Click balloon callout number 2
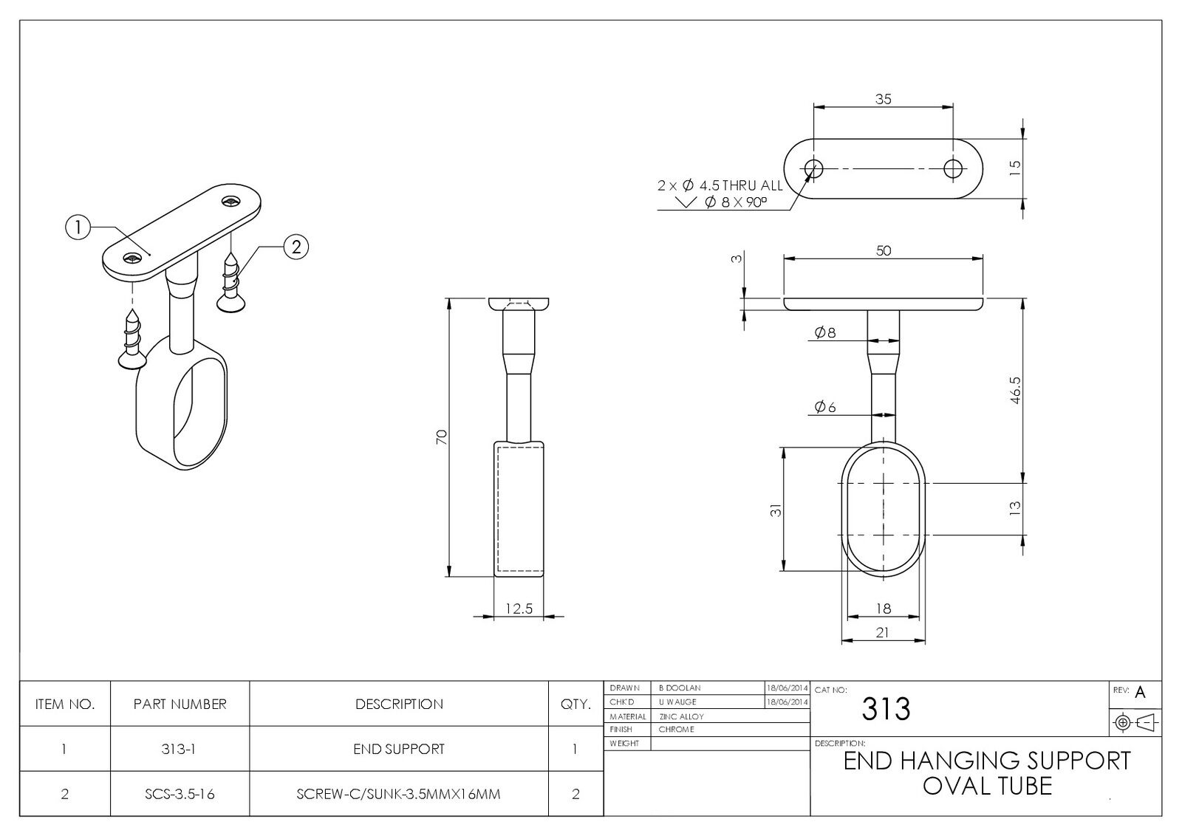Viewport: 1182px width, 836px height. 296,247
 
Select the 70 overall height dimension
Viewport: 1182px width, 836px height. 442,436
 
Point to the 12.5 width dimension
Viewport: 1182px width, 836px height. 519,609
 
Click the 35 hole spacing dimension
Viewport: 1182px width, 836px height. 883,99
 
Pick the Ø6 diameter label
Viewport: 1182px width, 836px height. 824,407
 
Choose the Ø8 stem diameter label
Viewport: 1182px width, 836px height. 824,332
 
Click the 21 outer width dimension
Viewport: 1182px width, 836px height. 882,632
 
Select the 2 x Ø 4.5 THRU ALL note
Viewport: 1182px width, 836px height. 719,185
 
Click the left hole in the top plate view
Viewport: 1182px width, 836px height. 814,168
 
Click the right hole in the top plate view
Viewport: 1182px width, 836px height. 953,168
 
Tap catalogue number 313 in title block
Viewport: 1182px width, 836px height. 886,709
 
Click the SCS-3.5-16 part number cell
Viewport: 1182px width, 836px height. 180,794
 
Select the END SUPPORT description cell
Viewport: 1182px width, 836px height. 399,749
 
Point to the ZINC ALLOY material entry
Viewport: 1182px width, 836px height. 681,716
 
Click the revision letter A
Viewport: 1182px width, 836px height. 1140,693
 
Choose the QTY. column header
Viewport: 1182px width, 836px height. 575,704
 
